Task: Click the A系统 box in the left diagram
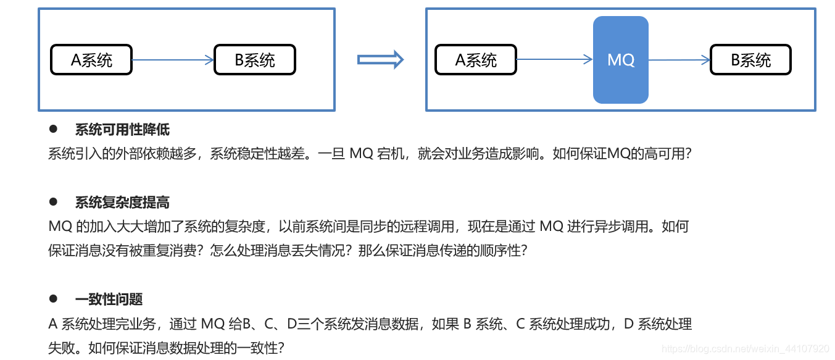[x=91, y=60]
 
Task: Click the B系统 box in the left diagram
[x=254, y=60]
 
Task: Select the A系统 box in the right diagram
[x=475, y=60]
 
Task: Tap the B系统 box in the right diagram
[x=750, y=60]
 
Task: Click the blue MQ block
[x=620, y=60]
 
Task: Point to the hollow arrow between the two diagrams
[x=380, y=60]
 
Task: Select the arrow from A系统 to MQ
[x=554, y=60]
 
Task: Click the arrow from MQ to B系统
[x=679, y=60]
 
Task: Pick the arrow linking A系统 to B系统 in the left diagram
[x=173, y=60]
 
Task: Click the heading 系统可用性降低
[x=122, y=130]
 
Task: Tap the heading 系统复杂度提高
[x=122, y=203]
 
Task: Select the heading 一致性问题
[x=109, y=299]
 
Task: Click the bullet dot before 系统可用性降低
[x=53, y=129]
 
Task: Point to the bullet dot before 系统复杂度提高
[x=53, y=202]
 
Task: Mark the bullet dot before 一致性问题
[x=53, y=299]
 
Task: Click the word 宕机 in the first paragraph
[x=391, y=154]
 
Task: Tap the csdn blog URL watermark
[x=745, y=350]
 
